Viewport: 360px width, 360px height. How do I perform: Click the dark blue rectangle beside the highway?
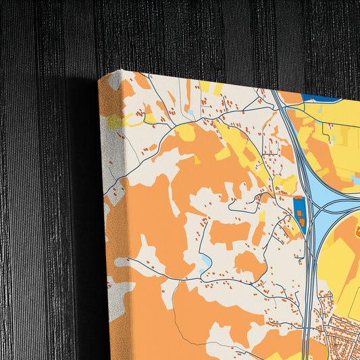299,215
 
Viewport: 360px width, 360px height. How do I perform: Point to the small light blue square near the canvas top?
190,112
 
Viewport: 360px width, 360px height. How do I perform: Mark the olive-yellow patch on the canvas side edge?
115,122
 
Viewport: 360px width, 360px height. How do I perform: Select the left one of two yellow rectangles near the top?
205,86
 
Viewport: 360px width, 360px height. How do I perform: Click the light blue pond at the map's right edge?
355,178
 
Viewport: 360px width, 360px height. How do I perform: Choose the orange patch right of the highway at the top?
292,98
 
